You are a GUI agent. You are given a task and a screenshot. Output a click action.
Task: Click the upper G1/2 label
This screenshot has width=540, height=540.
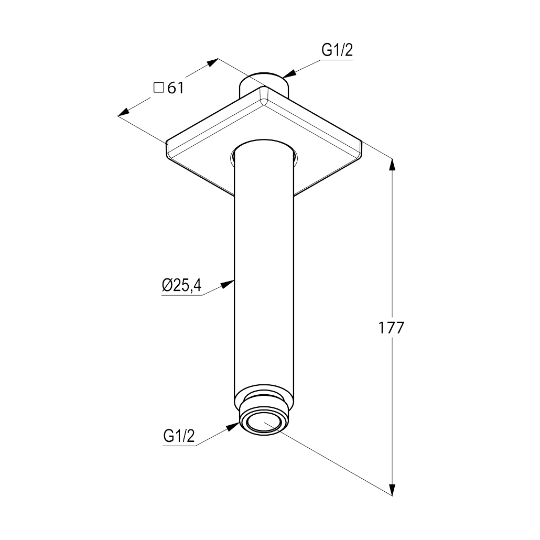click(337, 51)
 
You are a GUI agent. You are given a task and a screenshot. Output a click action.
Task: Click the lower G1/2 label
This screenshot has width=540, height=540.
click(179, 436)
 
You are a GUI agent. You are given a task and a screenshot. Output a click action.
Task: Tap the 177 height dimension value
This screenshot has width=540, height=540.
click(391, 328)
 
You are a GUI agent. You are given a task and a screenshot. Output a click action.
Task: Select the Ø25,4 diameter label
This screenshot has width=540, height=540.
click(181, 286)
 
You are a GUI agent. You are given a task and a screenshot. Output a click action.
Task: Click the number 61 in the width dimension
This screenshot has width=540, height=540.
click(176, 88)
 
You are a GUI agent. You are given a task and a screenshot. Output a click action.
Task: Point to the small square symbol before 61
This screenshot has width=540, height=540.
click(158, 88)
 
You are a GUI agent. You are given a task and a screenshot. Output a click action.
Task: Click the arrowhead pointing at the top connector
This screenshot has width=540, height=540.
click(289, 73)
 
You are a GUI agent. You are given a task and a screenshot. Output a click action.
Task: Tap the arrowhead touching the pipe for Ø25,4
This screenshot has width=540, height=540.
click(228, 284)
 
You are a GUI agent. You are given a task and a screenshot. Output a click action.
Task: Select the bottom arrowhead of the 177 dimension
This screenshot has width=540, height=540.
click(392, 489)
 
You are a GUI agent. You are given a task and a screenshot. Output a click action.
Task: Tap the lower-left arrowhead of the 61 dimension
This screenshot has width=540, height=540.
click(124, 112)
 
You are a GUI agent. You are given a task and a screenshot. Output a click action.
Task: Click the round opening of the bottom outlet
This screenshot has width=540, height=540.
click(264, 422)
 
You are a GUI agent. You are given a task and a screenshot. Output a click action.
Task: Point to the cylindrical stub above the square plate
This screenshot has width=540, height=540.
click(264, 84)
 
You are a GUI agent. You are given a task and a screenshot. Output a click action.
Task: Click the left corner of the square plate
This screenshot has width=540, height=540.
click(167, 142)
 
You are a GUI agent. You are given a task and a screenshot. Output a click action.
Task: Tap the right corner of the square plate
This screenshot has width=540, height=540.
click(361, 141)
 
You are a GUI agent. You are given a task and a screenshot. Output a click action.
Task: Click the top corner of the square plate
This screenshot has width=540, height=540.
click(264, 87)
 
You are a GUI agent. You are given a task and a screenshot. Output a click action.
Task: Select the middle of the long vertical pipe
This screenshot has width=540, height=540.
click(264, 276)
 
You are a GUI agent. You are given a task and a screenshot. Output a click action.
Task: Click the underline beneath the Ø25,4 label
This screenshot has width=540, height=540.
click(182, 295)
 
